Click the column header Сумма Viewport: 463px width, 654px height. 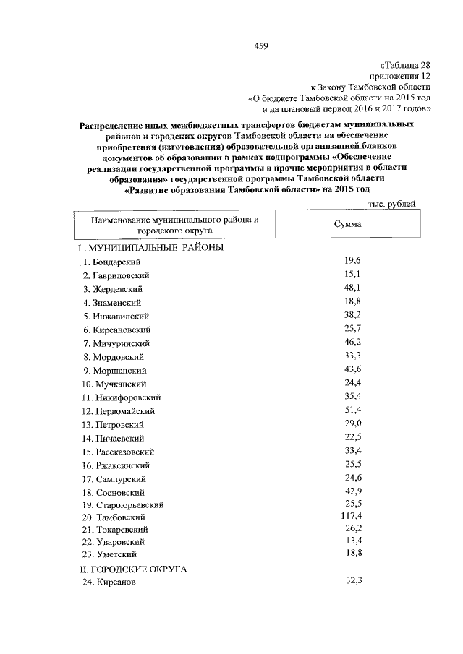tap(347, 224)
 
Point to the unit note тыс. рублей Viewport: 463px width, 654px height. tap(392, 205)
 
